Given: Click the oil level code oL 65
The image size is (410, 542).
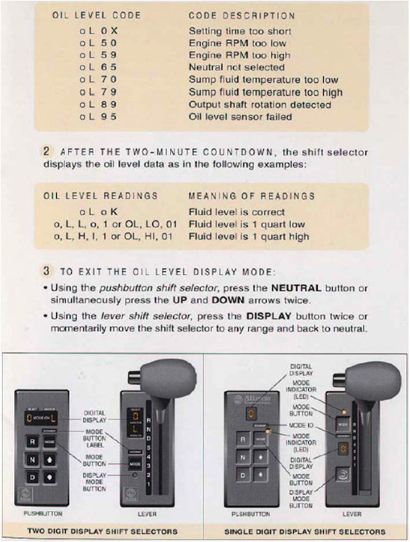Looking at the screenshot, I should pyautogui.click(x=98, y=68).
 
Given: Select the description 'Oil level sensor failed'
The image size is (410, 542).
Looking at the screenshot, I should pyautogui.click(x=241, y=117).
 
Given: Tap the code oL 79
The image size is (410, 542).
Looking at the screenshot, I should pyautogui.click(x=98, y=92).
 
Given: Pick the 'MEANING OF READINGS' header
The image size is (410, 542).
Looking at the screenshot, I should pyautogui.click(x=251, y=195).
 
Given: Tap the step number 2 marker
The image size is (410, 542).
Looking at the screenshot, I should pyautogui.click(x=46, y=152).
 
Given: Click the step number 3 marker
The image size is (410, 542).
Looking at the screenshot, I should pyautogui.click(x=46, y=271).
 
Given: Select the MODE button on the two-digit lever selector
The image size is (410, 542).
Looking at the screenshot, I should pyautogui.click(x=135, y=463).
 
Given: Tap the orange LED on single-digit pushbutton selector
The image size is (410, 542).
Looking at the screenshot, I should pyautogui.click(x=269, y=432).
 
